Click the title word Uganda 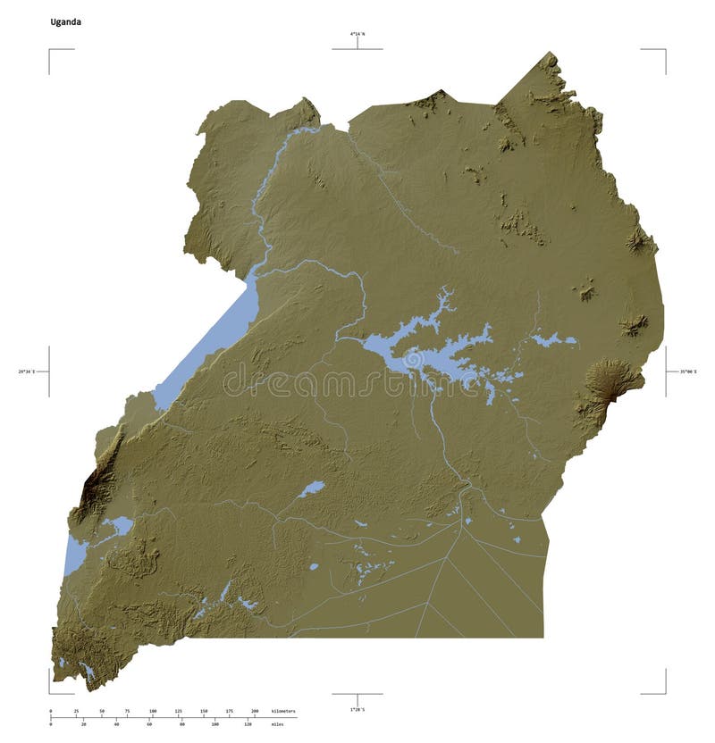click(65, 21)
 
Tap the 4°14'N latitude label click(357, 34)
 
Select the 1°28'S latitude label click(357, 709)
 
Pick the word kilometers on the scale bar click(282, 712)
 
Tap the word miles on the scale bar click(277, 724)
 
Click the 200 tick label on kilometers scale click(255, 712)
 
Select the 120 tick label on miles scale click(248, 724)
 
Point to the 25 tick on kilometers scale click(76, 712)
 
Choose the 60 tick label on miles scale click(149, 724)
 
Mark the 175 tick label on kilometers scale click(230, 712)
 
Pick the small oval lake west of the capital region click(312, 488)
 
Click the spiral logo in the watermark click(414, 360)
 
